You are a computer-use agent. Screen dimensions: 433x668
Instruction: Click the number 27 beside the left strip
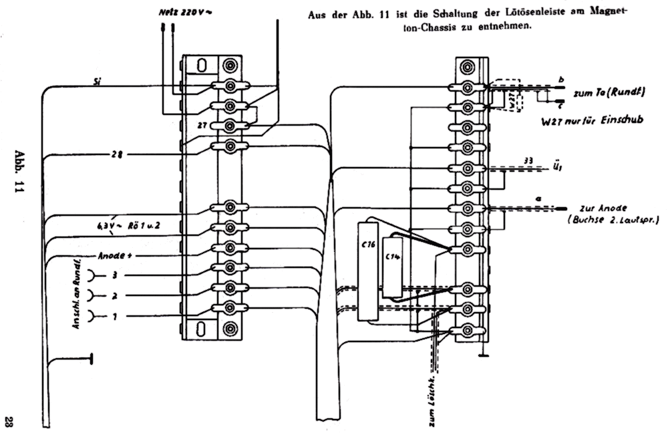pos(202,125)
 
